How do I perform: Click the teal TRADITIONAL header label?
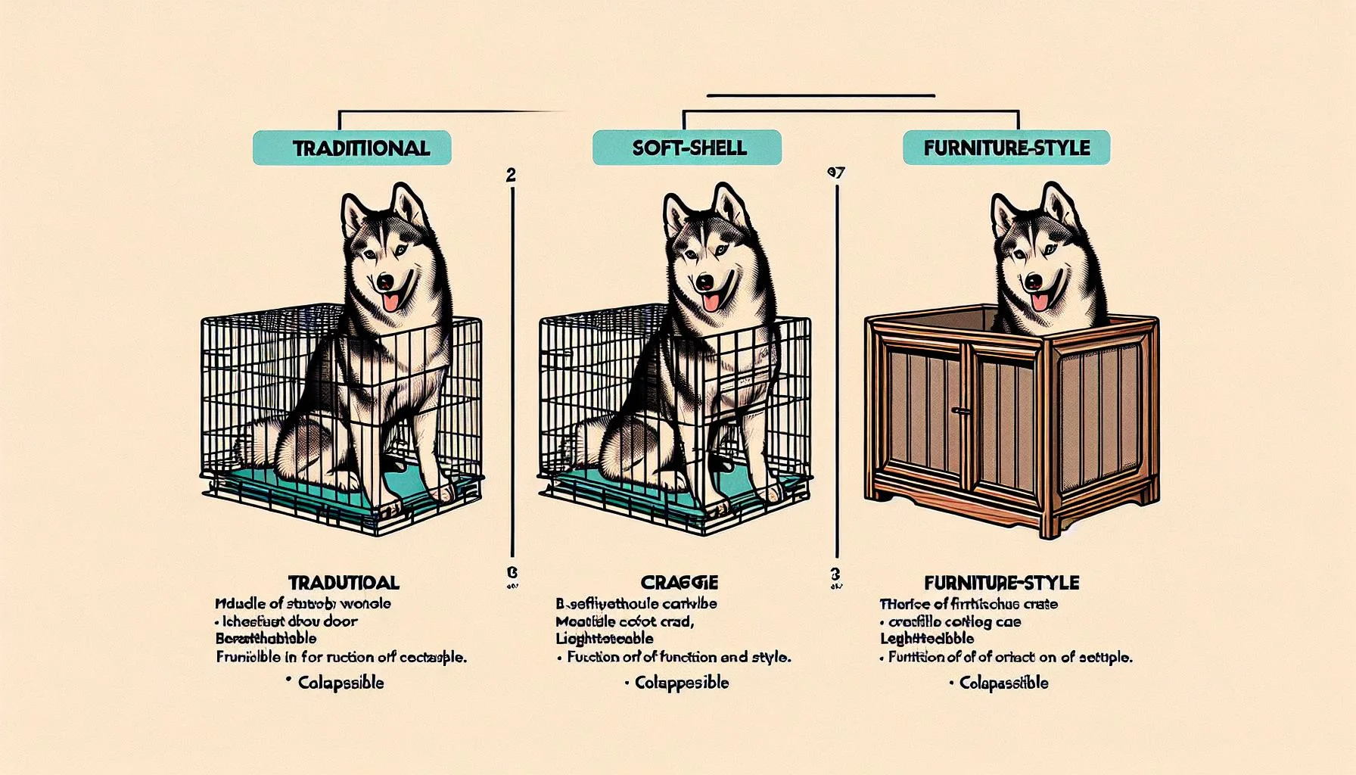pos(352,148)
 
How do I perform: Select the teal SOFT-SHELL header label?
pos(686,148)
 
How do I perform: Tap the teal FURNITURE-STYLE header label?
pos(1006,148)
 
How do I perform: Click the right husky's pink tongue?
pos(1042,302)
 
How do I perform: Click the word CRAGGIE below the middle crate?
pos(679,583)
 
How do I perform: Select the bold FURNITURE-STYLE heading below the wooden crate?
pos(1002,583)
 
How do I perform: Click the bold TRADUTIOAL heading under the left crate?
pos(344,583)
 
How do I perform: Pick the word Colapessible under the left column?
pos(340,683)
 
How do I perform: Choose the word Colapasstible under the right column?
pos(1003,683)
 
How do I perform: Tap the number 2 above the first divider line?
pos(511,176)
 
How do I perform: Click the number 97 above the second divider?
pos(836,173)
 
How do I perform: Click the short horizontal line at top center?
pos(821,96)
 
